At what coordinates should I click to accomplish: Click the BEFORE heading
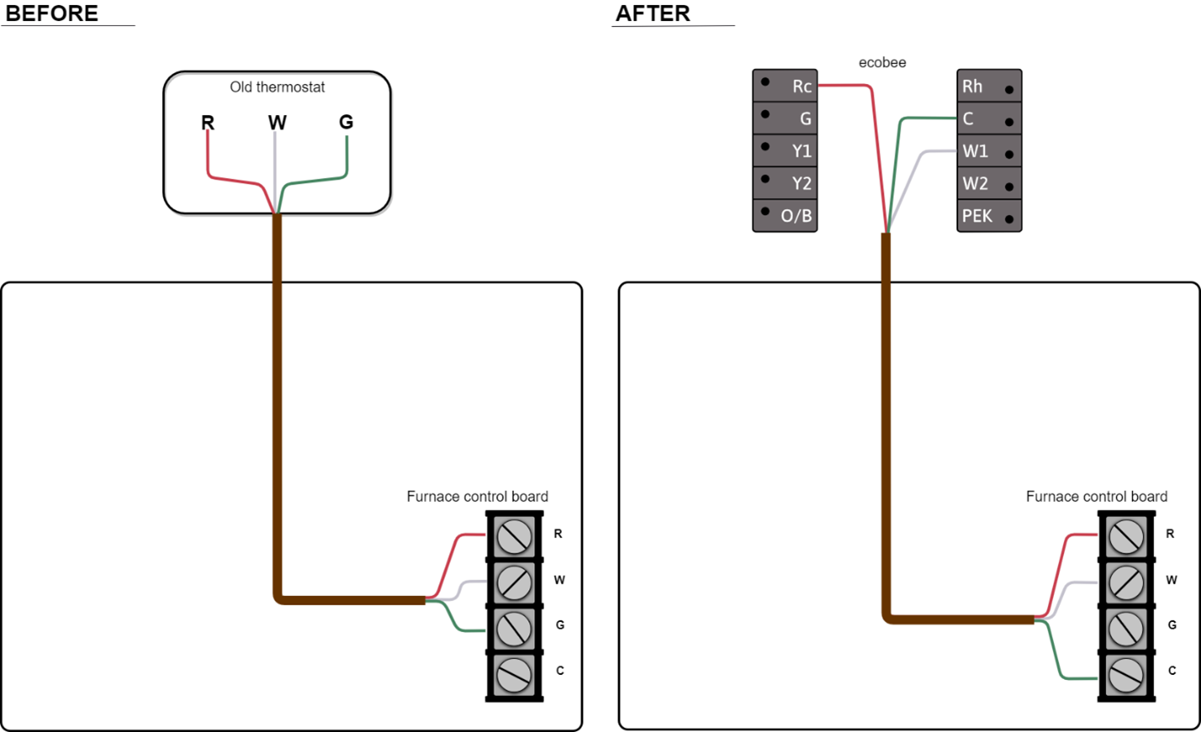(x=52, y=13)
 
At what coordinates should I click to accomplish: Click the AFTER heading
(x=653, y=13)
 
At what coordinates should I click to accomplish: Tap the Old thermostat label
(x=277, y=87)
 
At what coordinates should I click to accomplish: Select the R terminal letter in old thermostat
(x=207, y=123)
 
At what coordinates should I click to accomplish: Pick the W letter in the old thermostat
(x=277, y=123)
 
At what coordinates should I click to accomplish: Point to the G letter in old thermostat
(x=346, y=122)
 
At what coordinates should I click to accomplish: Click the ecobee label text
(x=882, y=63)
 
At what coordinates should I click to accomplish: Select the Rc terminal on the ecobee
(x=785, y=86)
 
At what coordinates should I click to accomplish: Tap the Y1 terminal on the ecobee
(x=785, y=151)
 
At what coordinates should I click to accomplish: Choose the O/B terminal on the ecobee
(x=785, y=216)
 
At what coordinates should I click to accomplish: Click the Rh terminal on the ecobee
(x=989, y=86)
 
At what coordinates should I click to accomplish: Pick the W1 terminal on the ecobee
(x=989, y=151)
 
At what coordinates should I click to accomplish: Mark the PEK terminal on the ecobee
(x=989, y=216)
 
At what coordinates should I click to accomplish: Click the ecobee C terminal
(x=989, y=119)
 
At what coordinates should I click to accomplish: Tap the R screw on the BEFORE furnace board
(x=514, y=536)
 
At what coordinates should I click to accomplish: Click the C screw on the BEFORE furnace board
(x=514, y=674)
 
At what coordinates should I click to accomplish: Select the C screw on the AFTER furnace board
(x=1126, y=674)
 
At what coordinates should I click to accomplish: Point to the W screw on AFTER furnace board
(x=1126, y=582)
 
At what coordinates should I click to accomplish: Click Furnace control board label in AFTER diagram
(x=1096, y=497)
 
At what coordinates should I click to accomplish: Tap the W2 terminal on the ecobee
(x=989, y=184)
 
